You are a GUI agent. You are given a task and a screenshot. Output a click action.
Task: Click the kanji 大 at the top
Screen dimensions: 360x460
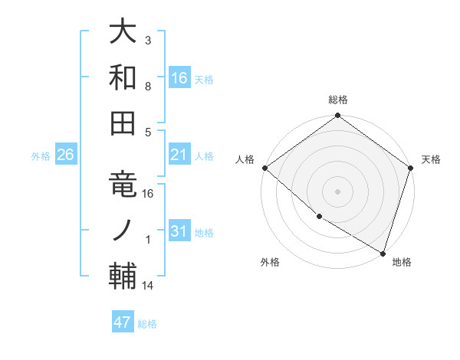click(123, 31)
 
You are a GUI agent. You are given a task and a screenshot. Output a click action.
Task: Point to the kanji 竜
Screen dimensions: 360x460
click(123, 184)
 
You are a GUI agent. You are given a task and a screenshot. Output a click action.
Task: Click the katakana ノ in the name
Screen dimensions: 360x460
click(123, 230)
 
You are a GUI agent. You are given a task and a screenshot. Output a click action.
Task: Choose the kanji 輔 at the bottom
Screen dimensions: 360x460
click(123, 275)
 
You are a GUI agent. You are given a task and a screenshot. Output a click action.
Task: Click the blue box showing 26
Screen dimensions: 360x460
click(65, 155)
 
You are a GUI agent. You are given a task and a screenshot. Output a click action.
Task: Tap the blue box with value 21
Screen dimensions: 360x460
click(179, 155)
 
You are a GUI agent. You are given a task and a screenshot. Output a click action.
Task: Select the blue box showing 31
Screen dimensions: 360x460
click(179, 232)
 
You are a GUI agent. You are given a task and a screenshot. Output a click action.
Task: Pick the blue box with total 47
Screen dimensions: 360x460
click(123, 322)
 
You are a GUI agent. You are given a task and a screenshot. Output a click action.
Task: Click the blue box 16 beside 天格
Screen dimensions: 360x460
click(179, 77)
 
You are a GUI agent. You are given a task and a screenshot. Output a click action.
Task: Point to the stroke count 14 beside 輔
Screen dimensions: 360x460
click(148, 286)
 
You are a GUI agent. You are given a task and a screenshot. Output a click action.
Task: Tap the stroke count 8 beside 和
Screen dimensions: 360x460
click(148, 87)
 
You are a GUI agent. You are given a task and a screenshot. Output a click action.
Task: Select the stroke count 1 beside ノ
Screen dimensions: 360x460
click(148, 240)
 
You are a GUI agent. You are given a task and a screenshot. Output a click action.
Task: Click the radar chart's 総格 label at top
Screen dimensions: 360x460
click(338, 100)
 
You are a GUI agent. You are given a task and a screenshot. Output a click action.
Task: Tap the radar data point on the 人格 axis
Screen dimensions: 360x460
click(264, 168)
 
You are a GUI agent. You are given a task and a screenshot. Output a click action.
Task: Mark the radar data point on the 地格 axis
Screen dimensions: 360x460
click(383, 253)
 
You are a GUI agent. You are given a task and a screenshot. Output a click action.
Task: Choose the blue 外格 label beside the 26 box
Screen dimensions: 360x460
click(41, 156)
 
